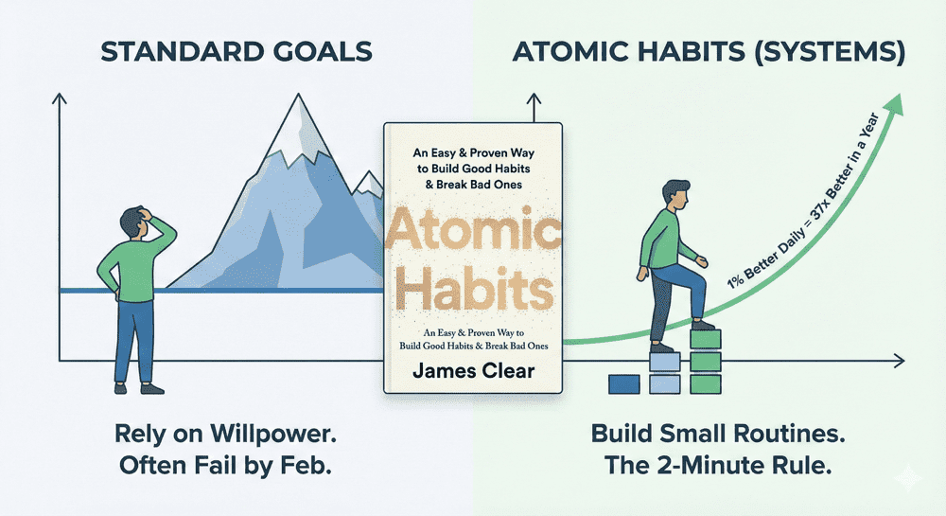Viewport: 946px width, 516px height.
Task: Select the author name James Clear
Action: coord(474,370)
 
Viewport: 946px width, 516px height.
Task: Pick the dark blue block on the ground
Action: coord(623,384)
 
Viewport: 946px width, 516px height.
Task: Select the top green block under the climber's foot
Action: coord(706,339)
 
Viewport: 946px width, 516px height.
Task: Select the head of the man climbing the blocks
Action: coord(675,194)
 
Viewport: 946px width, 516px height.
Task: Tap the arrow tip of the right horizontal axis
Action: coord(901,361)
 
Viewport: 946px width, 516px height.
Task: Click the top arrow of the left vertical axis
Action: coord(59,98)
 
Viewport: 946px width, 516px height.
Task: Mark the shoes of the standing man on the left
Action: coord(139,389)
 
